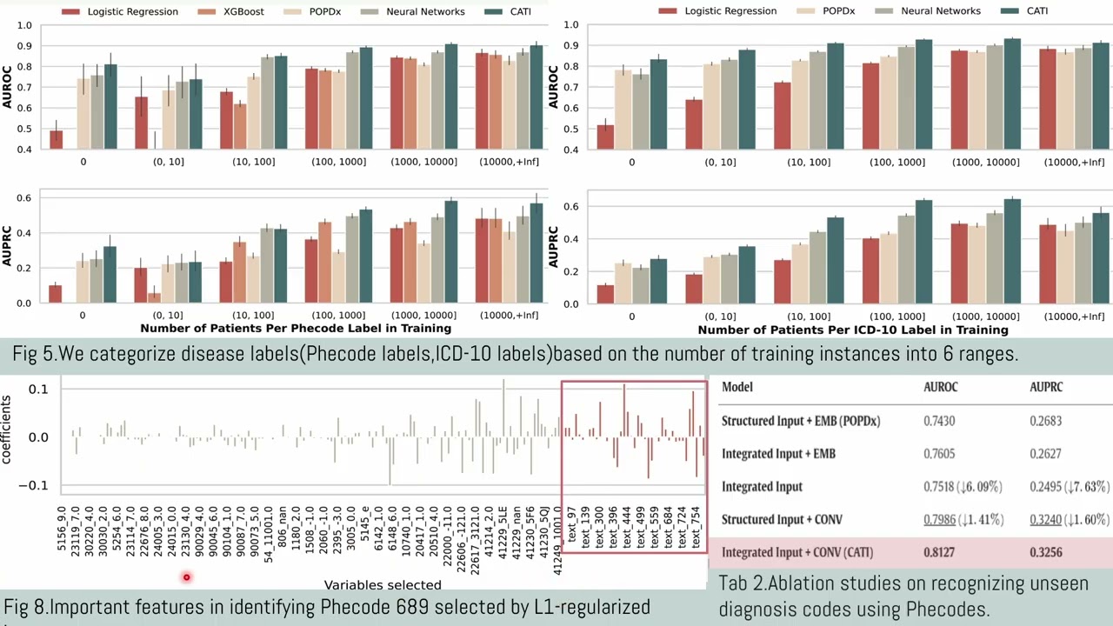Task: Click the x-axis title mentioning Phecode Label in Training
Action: (296, 329)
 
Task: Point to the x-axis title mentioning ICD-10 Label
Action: (852, 330)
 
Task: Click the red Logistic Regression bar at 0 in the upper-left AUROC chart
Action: (56, 140)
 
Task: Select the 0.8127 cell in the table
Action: (938, 552)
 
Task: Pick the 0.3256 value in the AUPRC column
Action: (1046, 552)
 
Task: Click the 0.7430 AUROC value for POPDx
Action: (938, 421)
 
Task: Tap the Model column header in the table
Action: (736, 387)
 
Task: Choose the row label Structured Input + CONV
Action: (792, 520)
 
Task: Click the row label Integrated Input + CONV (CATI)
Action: (796, 552)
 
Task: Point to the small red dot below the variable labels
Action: (186, 577)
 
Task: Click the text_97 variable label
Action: (572, 526)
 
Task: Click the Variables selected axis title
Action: (383, 585)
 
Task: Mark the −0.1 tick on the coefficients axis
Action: (37, 485)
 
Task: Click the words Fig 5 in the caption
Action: (31, 355)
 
